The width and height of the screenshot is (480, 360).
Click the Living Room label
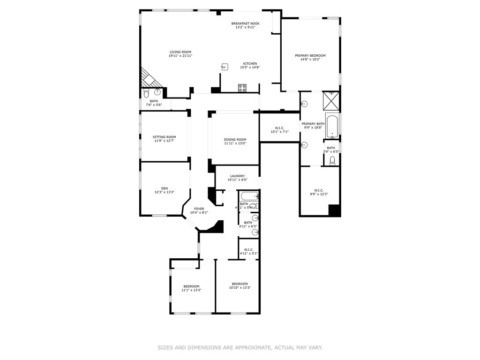[x=180, y=52]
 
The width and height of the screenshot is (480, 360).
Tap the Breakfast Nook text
[x=245, y=23]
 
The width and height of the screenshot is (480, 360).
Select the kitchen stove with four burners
[x=242, y=87]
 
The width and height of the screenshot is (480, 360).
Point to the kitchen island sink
[x=225, y=67]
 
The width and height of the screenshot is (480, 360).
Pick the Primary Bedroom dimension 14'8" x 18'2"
[x=310, y=60]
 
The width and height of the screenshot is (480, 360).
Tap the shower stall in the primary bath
[x=331, y=100]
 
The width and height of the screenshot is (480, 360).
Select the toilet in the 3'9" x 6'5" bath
[x=332, y=161]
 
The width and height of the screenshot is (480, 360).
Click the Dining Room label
[x=235, y=139]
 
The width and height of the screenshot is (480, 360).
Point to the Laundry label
[x=237, y=176]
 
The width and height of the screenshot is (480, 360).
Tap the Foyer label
[x=199, y=209]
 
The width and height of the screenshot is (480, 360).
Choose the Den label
[x=165, y=188]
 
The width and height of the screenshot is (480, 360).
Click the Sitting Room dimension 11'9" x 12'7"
[x=164, y=141]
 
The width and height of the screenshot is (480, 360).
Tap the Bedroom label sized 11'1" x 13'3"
[x=191, y=286]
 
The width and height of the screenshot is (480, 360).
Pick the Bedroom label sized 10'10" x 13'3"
[x=240, y=284]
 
